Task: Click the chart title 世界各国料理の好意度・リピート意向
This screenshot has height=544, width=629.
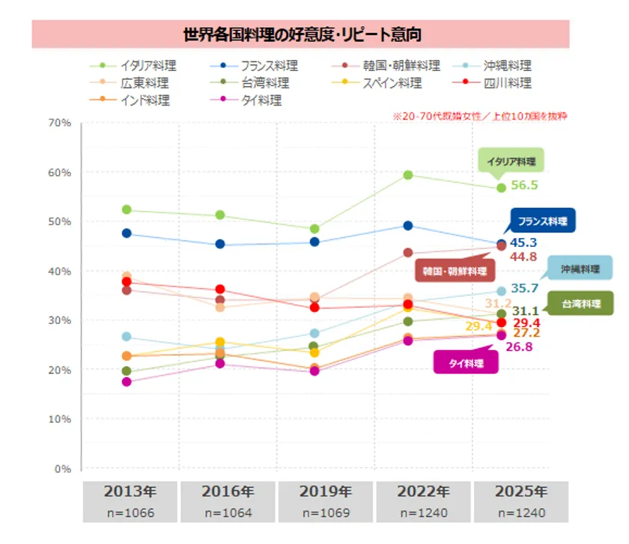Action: (x=301, y=34)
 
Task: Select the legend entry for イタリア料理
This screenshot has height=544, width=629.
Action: (x=148, y=66)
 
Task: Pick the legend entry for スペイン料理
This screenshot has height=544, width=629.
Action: (x=392, y=83)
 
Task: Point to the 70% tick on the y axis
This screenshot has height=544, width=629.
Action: (x=59, y=122)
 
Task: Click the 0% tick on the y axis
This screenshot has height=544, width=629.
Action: (x=61, y=469)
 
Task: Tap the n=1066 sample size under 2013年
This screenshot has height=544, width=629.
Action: (x=130, y=513)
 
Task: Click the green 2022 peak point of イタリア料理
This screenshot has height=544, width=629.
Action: (x=408, y=175)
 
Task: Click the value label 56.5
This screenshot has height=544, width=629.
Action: (x=525, y=186)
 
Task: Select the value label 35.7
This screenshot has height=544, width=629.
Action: (x=526, y=288)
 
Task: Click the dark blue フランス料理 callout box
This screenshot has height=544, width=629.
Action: (x=542, y=221)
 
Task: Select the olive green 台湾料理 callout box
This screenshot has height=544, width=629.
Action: (x=580, y=304)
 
